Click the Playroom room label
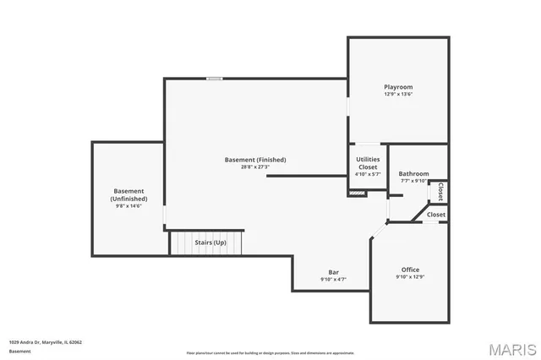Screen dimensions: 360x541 point(398,87)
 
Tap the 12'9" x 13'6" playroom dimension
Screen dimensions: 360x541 point(398,95)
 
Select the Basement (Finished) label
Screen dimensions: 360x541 point(255,160)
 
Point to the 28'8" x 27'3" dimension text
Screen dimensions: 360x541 point(255,167)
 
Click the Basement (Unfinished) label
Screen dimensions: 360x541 point(128,195)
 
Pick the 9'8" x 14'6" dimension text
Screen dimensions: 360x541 point(128,206)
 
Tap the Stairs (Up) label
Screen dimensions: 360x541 point(210,243)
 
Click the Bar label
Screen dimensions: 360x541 point(333,271)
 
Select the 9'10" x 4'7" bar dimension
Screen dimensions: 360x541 point(333,279)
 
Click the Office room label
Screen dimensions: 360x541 point(410,270)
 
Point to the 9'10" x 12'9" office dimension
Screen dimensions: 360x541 point(410,277)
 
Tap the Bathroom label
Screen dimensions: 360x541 point(414,173)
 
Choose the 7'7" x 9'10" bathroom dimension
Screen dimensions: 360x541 point(414,181)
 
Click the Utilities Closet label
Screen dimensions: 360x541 point(368,163)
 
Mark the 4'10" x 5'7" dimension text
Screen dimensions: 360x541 point(368,174)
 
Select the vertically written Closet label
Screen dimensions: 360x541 point(440,192)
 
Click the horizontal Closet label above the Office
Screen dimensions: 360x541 point(435,215)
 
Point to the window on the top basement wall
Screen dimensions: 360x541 point(215,79)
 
